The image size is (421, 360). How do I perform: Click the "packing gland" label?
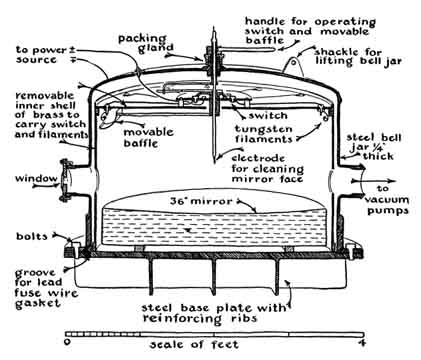(147, 43)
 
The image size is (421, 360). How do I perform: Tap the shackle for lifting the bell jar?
(294, 67)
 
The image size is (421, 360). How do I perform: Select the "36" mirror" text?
(201, 201)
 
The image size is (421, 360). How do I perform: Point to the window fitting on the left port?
(65, 180)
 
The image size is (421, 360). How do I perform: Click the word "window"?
(36, 178)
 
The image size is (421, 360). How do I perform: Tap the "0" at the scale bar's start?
(68, 342)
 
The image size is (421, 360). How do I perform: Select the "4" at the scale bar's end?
(360, 342)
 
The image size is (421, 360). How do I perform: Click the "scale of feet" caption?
(194, 344)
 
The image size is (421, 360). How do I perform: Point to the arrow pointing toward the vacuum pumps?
(374, 181)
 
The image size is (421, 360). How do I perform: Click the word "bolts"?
(32, 236)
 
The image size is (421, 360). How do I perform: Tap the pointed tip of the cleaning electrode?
(214, 162)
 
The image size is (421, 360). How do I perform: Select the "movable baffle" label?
(148, 138)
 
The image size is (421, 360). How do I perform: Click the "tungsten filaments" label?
(264, 134)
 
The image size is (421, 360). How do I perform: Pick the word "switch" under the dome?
(268, 116)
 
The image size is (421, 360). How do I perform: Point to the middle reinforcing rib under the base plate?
(214, 277)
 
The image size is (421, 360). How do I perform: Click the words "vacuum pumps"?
(387, 205)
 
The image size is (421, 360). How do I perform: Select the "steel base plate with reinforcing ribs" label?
(214, 313)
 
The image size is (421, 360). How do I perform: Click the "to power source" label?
(46, 55)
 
